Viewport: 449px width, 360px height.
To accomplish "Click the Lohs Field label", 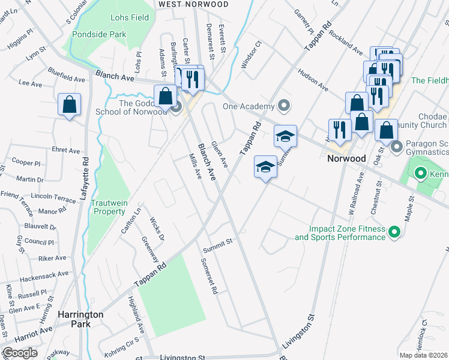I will point(131,17).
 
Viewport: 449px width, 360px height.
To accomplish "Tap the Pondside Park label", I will point(99,34).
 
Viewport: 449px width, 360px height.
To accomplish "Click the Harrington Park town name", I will point(80,319).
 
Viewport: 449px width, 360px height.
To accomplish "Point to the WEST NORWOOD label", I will point(193,4).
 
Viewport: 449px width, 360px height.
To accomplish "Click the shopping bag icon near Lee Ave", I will point(70,104).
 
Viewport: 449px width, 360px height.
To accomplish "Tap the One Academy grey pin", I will point(285,106).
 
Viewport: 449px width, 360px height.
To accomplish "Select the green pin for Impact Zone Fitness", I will point(394,232).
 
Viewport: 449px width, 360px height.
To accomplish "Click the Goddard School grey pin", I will point(176,108).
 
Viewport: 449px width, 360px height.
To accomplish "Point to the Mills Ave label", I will point(194,167).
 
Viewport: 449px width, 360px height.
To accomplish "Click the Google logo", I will point(20,353).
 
